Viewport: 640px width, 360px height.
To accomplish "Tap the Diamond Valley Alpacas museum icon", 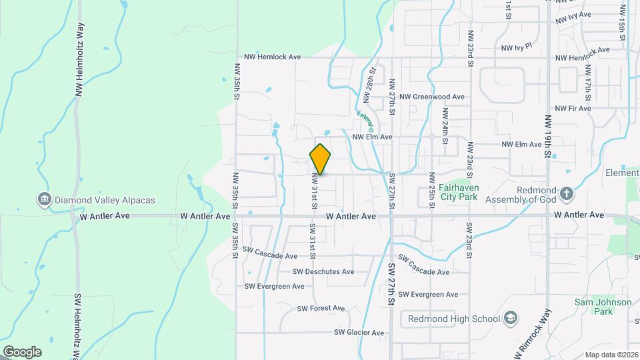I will [44, 199].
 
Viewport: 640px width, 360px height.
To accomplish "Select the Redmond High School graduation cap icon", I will [511, 318].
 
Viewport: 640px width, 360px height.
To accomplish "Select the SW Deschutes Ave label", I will [323, 272].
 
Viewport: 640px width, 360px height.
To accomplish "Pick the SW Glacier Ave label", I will [359, 332].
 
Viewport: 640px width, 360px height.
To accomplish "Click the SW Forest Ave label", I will [321, 308].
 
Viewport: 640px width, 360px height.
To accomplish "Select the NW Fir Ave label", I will [573, 108].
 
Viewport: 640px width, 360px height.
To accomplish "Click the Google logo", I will [22, 351].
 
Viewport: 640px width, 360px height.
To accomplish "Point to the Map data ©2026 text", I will [611, 355].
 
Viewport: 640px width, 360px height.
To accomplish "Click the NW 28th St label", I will [367, 85].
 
